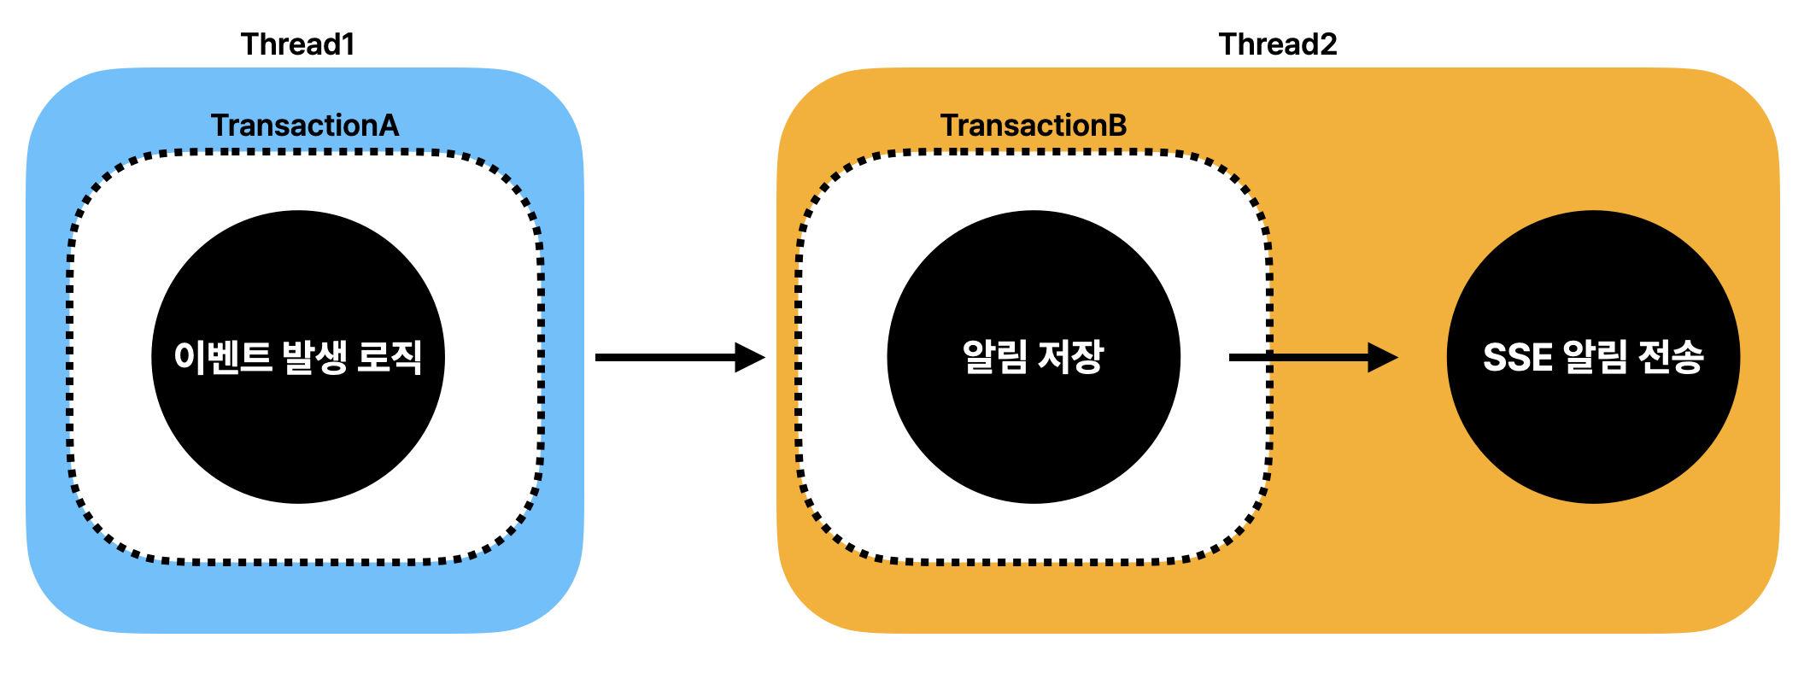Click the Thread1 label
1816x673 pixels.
(297, 44)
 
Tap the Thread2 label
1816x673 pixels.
(1277, 44)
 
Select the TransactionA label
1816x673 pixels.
(305, 126)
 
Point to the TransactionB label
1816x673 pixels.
(1034, 126)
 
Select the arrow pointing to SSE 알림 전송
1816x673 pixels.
(1307, 357)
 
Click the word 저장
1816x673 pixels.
(1070, 357)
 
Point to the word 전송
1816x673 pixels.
(1671, 357)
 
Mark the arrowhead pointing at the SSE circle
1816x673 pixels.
(1381, 357)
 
